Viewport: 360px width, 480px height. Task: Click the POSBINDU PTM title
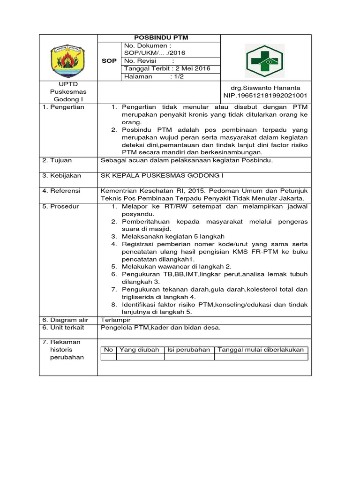coord(158,38)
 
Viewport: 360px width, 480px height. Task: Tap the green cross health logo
coord(265,60)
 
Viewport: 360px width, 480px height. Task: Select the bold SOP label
coord(109,61)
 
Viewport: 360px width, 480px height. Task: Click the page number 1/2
coord(178,76)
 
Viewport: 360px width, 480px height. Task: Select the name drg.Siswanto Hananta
coord(265,88)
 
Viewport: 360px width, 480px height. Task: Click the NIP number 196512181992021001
coord(265,96)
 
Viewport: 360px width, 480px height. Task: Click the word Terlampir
coord(115,320)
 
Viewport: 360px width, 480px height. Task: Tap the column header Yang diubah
coord(140,350)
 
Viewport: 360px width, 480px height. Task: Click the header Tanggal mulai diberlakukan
coord(261,350)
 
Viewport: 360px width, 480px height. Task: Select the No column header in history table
coord(108,350)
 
